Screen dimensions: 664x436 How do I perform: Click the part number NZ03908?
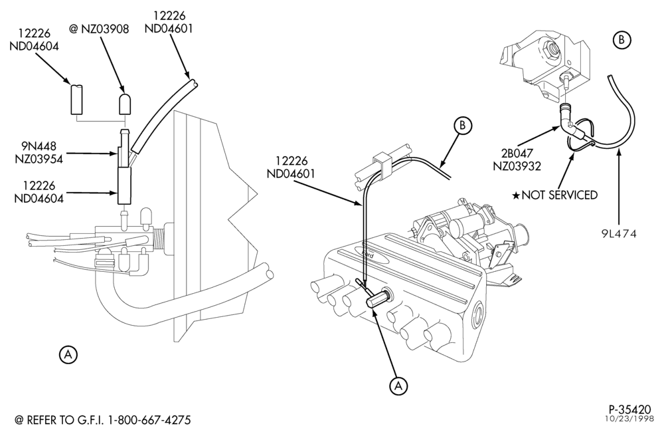[105, 29]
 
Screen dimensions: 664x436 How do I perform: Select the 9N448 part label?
[39, 147]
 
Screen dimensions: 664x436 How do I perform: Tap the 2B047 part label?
[516, 154]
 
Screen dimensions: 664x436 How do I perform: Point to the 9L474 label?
[619, 233]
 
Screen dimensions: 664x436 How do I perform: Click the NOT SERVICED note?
[559, 195]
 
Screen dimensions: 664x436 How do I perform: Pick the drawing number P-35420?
[629, 409]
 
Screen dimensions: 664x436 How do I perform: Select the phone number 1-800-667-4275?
[149, 420]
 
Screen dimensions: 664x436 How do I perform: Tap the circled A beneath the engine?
[398, 385]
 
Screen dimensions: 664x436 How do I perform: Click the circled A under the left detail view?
[68, 355]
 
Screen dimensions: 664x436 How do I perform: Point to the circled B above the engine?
[462, 126]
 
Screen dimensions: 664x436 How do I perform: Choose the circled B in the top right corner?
[622, 40]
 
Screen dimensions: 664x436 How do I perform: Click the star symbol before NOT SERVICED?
[516, 195]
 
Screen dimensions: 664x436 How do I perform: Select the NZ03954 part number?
[39, 159]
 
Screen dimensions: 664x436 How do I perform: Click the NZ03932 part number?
[517, 166]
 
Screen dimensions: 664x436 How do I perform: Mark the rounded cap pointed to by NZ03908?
[125, 104]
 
